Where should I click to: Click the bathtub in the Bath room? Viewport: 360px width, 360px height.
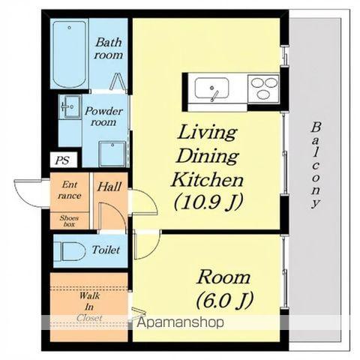click(x=70, y=54)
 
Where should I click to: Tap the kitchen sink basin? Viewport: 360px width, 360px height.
click(x=211, y=88)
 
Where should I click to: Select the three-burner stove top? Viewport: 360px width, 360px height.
click(x=263, y=88)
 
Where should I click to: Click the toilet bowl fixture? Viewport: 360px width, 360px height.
click(x=70, y=250)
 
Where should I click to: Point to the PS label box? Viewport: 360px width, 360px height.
click(x=63, y=160)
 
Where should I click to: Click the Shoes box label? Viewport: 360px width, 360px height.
click(x=69, y=221)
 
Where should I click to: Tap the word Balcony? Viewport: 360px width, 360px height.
click(x=316, y=165)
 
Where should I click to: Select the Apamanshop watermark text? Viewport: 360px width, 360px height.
click(x=180, y=322)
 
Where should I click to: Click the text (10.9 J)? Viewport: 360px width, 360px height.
click(x=208, y=202)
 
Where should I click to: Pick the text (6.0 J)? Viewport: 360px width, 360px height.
click(x=225, y=300)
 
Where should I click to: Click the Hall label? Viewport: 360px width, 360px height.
click(x=109, y=187)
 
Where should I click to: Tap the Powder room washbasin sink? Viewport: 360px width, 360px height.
click(x=70, y=107)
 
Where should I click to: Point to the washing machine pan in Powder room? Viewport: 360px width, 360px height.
click(x=112, y=154)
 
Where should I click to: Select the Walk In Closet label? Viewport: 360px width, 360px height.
click(x=89, y=307)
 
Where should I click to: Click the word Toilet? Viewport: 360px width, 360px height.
click(x=106, y=250)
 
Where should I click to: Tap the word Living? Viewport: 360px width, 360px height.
click(x=207, y=133)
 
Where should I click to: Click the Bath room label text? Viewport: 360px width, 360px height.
click(x=109, y=49)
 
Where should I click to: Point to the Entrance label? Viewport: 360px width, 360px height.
click(x=69, y=190)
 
